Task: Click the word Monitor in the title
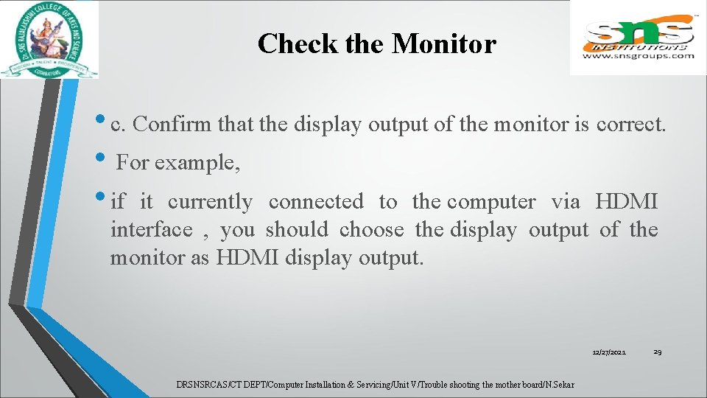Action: pos(444,44)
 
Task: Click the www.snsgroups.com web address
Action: pos(639,55)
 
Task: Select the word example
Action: pos(195,161)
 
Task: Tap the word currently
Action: pos(210,201)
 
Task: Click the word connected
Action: pos(316,201)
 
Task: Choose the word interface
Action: pos(151,230)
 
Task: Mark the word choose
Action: pos(371,230)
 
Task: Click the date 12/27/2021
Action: pos(609,353)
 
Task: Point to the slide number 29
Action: pos(658,352)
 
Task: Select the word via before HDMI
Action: pos(565,201)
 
